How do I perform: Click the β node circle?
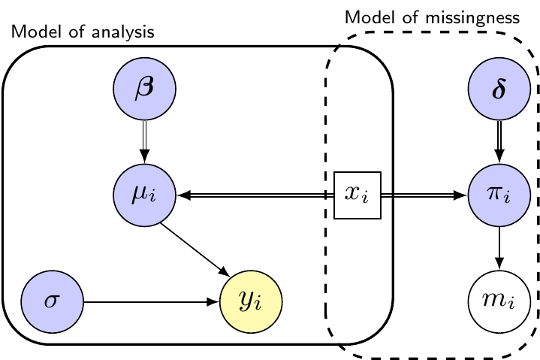tap(145, 89)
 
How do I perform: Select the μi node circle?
tap(145, 195)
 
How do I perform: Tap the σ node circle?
tap(52, 302)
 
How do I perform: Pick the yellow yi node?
tap(251, 302)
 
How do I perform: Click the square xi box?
tap(357, 195)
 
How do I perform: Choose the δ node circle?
tap(499, 89)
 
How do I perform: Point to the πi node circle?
tap(499, 195)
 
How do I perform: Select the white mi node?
tap(499, 302)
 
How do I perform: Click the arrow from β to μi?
tap(145, 142)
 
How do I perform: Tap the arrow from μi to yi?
tap(195, 250)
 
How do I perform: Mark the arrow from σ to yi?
tap(152, 302)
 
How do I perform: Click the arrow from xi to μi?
tap(255, 195)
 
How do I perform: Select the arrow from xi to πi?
tap(424, 195)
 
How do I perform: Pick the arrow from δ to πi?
tap(499, 142)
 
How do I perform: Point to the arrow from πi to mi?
tap(499, 248)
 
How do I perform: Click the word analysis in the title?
tap(123, 32)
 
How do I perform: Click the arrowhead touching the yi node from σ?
tap(213, 302)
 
